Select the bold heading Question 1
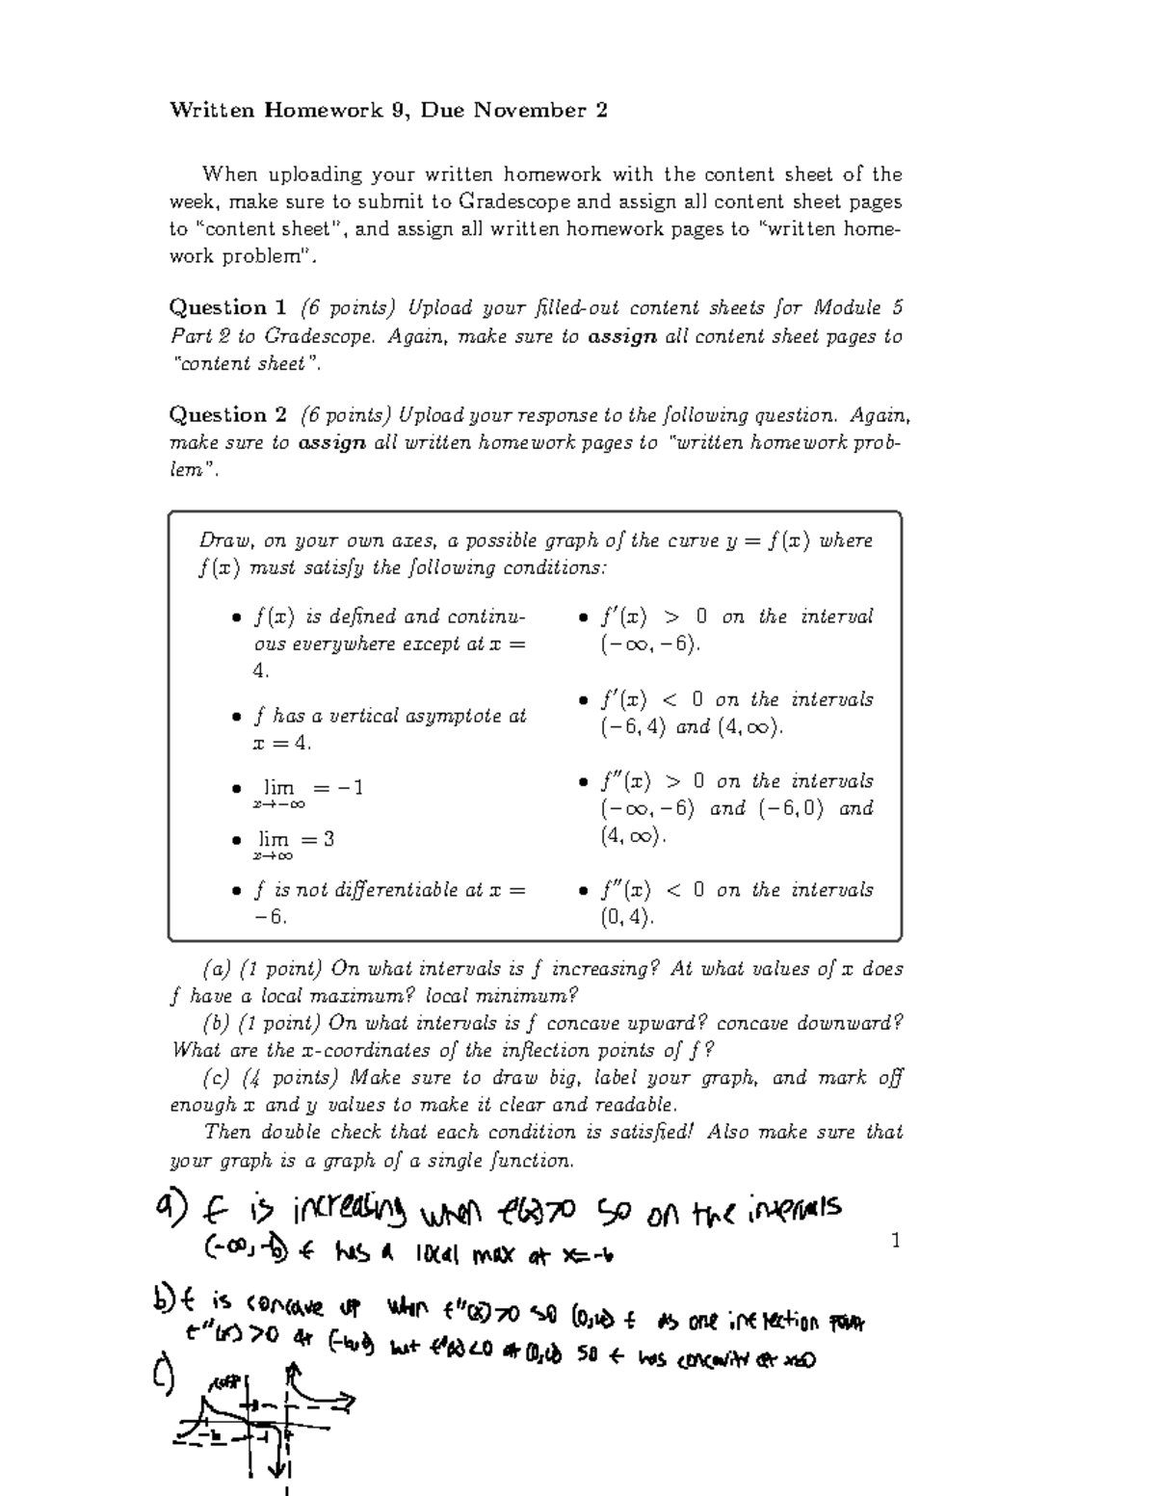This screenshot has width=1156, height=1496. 227,308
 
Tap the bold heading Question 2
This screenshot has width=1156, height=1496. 227,415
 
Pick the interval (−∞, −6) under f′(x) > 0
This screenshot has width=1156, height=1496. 647,644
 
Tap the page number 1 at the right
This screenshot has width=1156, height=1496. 896,1241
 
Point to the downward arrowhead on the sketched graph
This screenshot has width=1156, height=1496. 278,1470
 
